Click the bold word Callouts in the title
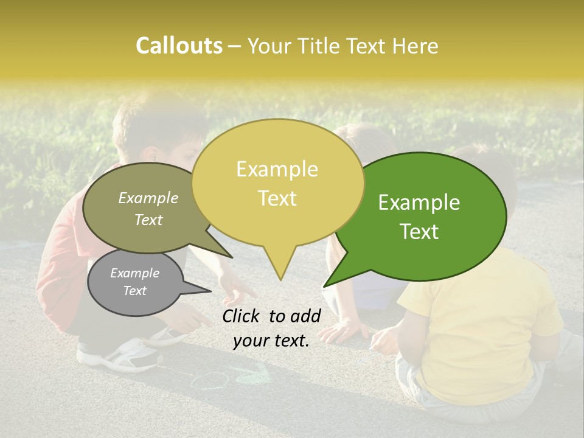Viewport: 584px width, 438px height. point(179,46)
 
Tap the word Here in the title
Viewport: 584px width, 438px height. point(415,46)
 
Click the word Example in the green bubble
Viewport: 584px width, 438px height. point(419,203)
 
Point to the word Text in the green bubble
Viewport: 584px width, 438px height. point(419,232)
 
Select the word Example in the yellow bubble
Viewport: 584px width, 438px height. point(277,169)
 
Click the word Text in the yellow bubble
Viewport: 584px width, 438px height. point(277,198)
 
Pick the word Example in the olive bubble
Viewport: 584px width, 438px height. point(148,198)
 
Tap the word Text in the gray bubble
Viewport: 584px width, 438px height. point(134,291)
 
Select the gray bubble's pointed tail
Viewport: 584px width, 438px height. point(207,290)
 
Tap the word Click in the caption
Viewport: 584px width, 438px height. point(242,316)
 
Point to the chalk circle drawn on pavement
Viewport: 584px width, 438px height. point(209,381)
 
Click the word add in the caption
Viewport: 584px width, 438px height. point(306,316)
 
